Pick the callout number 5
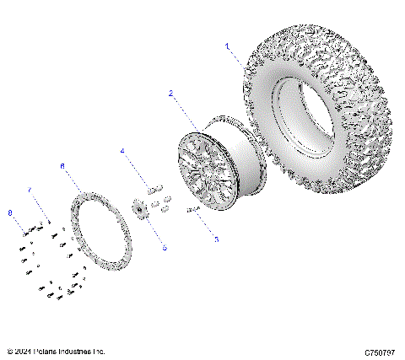pyautogui.click(x=165, y=248)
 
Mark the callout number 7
pyautogui.click(x=30, y=191)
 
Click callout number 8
pyautogui.click(x=9, y=213)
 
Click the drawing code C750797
pyautogui.click(x=381, y=351)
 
